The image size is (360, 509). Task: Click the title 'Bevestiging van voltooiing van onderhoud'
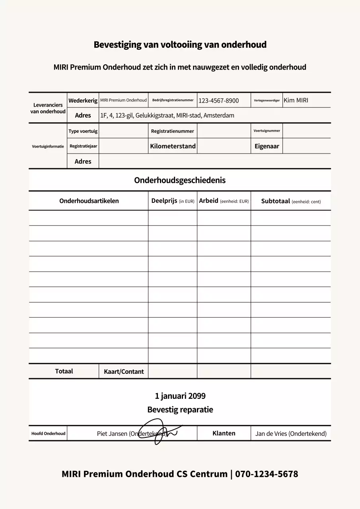(180, 45)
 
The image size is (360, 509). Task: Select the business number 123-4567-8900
(218, 101)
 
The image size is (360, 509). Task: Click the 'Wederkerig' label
(83, 101)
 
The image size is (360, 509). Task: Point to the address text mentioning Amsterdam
(167, 116)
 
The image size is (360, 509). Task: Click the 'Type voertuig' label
(83, 131)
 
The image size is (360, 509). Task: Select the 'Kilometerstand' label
(173, 146)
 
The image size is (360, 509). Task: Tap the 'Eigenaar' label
(267, 146)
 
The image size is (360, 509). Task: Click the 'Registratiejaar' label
(83, 146)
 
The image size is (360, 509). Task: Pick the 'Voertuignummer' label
(267, 131)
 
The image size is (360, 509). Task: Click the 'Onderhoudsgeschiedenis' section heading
(180, 181)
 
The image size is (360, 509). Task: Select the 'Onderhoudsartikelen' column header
(89, 201)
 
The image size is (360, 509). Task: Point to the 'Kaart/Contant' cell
(124, 371)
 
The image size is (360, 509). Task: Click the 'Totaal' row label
(64, 371)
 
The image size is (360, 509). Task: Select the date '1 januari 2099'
(180, 396)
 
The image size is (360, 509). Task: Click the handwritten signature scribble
(159, 434)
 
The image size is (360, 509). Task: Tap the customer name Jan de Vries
(290, 434)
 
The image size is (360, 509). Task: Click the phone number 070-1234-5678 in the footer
(266, 474)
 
